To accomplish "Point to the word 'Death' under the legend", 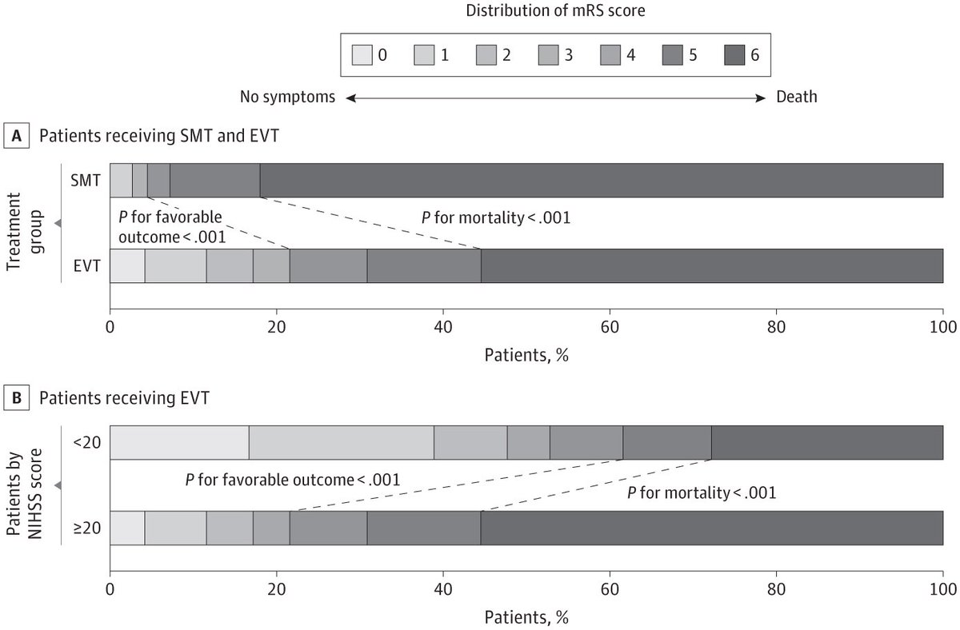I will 797,98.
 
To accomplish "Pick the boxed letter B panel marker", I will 14,397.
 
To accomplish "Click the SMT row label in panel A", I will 86,181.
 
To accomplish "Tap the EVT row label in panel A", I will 86,266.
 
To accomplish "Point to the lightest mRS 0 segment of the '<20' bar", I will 179,443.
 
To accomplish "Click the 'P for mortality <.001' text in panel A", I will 496,217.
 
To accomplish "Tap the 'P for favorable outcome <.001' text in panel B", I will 292,480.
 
